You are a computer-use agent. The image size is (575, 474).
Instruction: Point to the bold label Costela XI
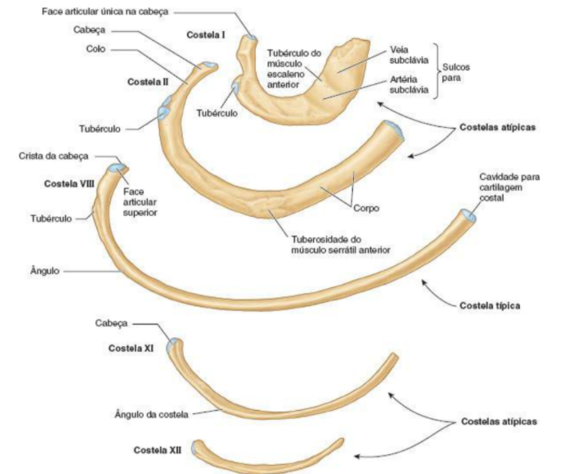click(x=131, y=349)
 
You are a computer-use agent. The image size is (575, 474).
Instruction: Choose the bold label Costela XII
click(x=157, y=450)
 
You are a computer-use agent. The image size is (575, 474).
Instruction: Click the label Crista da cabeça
click(x=54, y=155)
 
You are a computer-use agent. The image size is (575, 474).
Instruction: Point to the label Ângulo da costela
click(x=151, y=414)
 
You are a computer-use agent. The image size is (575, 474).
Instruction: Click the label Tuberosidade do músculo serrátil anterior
click(x=339, y=245)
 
